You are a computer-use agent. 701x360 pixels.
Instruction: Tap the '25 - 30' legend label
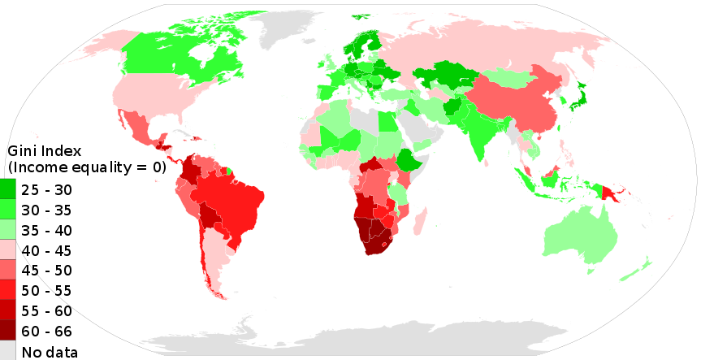47,189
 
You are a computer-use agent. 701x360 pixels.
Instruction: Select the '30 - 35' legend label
47,210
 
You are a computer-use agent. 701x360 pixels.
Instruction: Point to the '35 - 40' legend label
47,230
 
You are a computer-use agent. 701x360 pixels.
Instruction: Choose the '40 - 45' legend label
47,250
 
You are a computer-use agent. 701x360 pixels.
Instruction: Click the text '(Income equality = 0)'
86,168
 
